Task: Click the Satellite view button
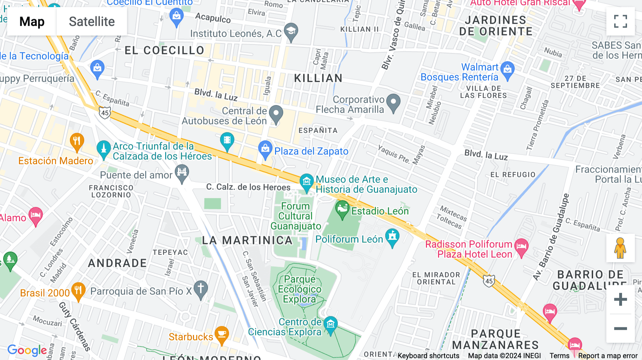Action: click(92, 22)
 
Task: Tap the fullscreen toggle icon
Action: click(620, 21)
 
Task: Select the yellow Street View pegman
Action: click(620, 248)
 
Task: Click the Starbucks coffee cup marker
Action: click(222, 335)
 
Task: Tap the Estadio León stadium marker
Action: click(342, 209)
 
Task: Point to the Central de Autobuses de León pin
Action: click(276, 114)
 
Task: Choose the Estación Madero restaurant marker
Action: click(77, 142)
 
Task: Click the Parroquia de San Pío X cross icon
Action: click(200, 289)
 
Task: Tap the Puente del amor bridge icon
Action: click(182, 173)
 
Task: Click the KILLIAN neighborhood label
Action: click(318, 78)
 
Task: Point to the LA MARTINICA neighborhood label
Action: click(247, 240)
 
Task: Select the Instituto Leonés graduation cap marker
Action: click(291, 31)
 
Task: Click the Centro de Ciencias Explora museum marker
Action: click(330, 325)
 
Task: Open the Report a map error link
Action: click(608, 355)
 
